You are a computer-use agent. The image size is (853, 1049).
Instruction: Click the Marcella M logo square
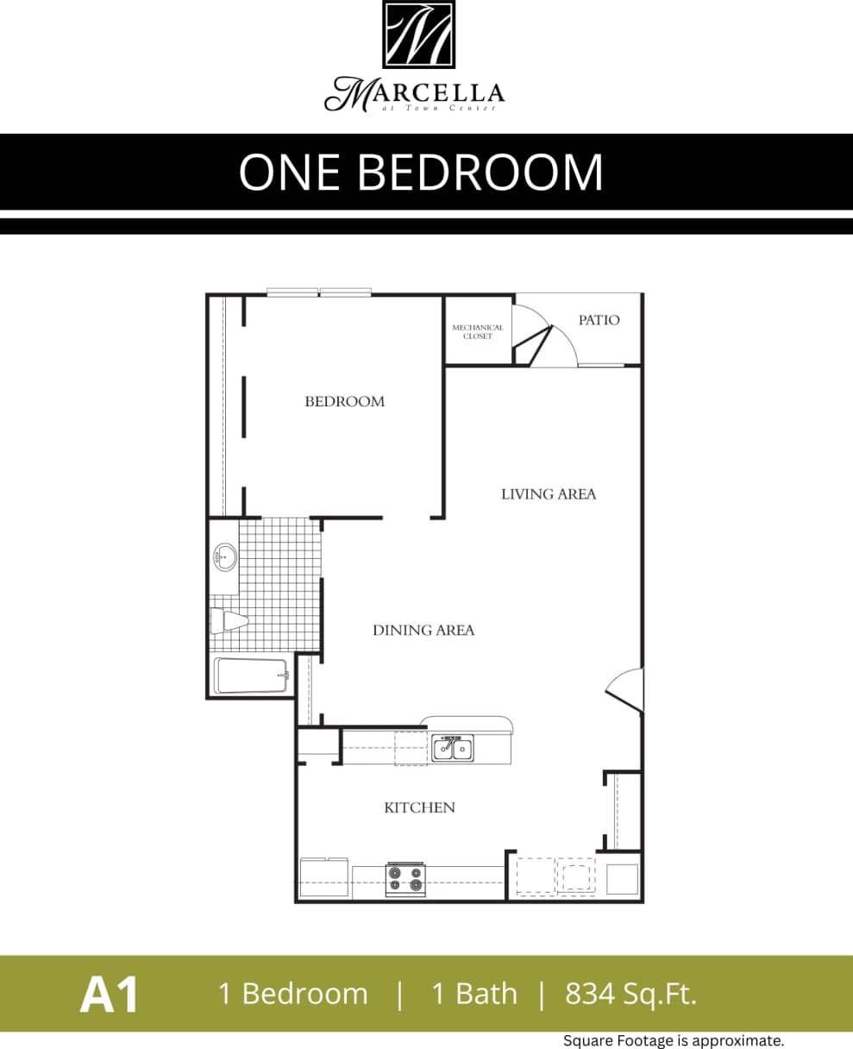pyautogui.click(x=418, y=35)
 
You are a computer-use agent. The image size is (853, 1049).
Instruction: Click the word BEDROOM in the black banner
pyautogui.click(x=480, y=172)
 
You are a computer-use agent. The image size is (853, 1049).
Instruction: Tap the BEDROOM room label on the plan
pyautogui.click(x=344, y=401)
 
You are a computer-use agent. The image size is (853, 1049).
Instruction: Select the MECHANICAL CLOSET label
pyautogui.click(x=478, y=331)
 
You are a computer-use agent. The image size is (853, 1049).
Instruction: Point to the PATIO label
pyautogui.click(x=599, y=320)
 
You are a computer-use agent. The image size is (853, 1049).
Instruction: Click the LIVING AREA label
pyautogui.click(x=549, y=494)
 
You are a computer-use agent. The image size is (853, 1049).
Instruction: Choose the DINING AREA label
pyautogui.click(x=423, y=631)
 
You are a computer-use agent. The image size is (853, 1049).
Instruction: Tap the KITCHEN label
pyautogui.click(x=419, y=807)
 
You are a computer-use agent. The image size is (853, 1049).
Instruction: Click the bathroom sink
pyautogui.click(x=225, y=557)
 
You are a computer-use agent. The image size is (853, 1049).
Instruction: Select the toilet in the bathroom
pyautogui.click(x=229, y=619)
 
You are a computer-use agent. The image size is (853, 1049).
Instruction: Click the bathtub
pyautogui.click(x=250, y=675)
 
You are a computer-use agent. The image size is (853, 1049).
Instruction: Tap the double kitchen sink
pyautogui.click(x=452, y=748)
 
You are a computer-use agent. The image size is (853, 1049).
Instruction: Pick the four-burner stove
pyautogui.click(x=405, y=878)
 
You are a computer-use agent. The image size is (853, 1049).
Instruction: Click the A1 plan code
pyautogui.click(x=110, y=995)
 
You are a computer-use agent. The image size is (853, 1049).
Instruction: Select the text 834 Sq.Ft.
pyautogui.click(x=630, y=994)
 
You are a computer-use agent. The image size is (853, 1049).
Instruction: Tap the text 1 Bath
pyautogui.click(x=474, y=994)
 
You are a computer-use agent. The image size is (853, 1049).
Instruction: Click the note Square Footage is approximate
pyautogui.click(x=674, y=1040)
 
